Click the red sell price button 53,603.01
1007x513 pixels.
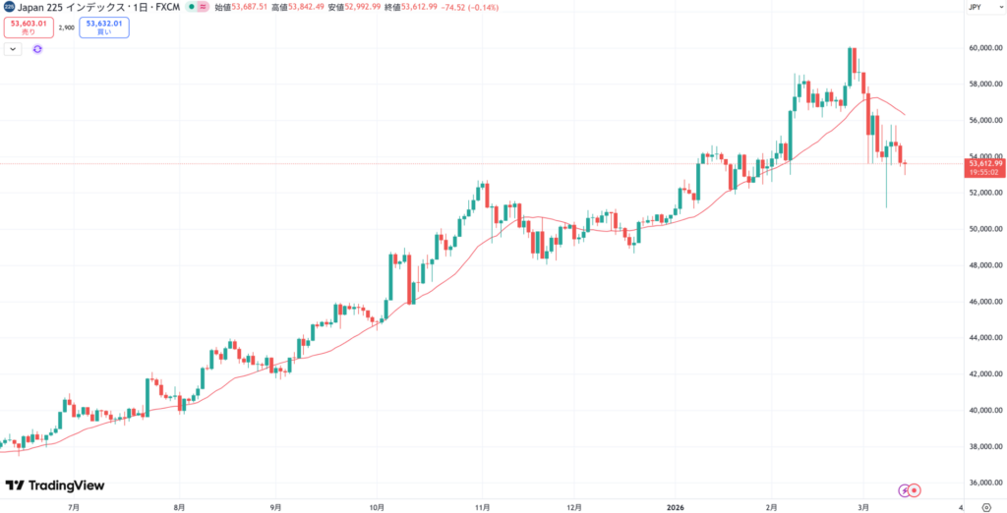click(x=28, y=27)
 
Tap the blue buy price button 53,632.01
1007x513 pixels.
click(x=105, y=27)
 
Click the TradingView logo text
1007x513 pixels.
click(x=56, y=485)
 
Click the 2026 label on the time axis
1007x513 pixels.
click(x=677, y=506)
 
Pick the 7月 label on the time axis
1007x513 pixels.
click(x=74, y=506)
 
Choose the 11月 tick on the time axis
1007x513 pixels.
click(x=482, y=506)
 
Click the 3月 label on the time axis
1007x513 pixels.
click(x=861, y=506)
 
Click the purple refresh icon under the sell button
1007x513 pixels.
click(x=36, y=48)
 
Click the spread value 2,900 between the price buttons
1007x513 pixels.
click(x=67, y=28)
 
